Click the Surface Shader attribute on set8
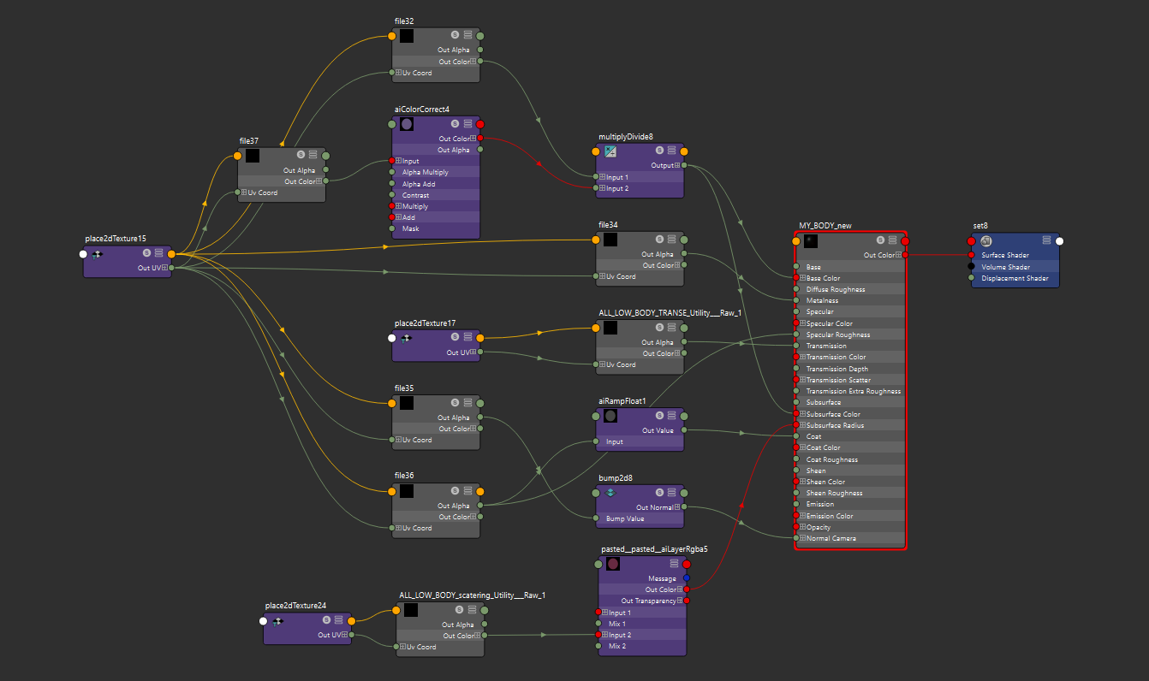(1005, 255)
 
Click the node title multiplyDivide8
(625, 137)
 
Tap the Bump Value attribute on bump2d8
(625, 518)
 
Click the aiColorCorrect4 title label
(421, 110)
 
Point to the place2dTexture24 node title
(295, 606)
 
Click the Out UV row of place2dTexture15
(150, 268)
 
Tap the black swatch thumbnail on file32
(407, 36)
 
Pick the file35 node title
(404, 388)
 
